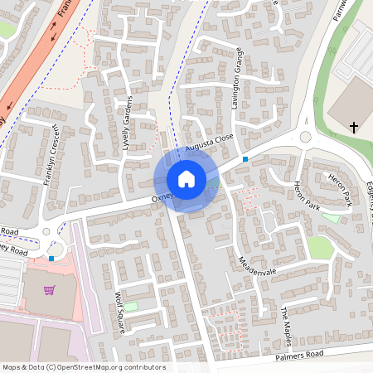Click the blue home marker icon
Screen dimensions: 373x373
click(186, 179)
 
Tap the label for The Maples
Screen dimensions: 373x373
click(288, 324)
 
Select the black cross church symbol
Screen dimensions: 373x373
click(354, 127)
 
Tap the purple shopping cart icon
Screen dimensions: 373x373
click(50, 290)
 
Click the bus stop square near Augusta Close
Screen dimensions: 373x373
click(245, 158)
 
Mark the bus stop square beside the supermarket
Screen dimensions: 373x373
click(52, 259)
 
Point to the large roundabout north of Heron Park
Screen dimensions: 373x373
click(305, 137)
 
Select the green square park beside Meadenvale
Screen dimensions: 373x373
click(320, 247)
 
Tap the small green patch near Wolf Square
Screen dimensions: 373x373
click(132, 307)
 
